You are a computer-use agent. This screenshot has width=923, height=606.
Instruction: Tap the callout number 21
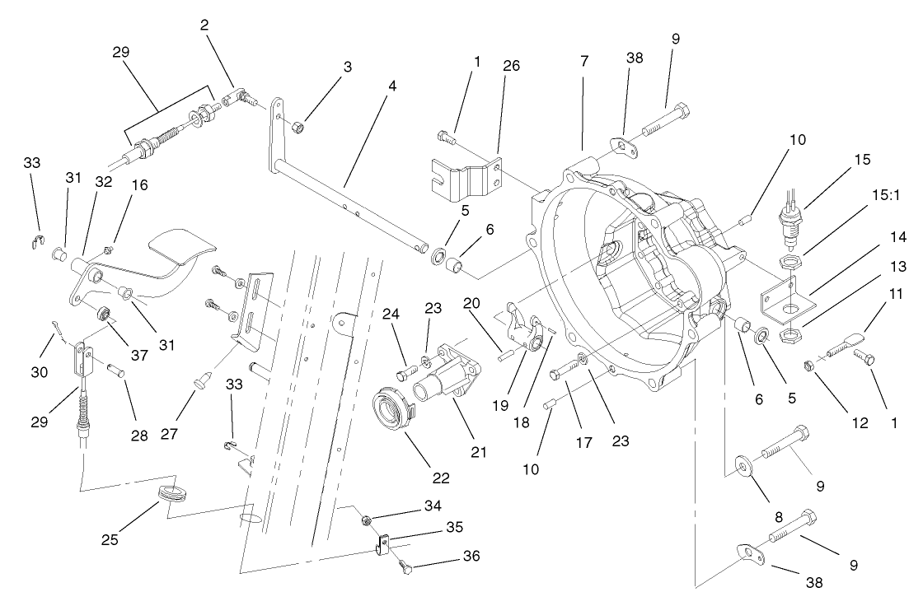click(478, 451)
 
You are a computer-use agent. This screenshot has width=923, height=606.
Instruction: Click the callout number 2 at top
click(204, 26)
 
